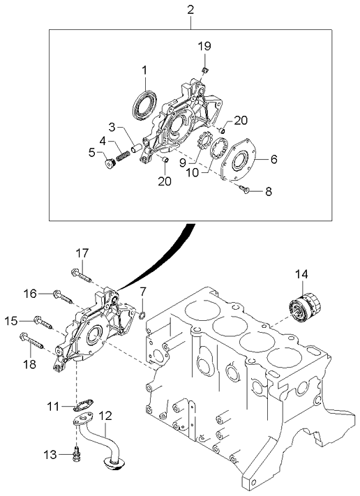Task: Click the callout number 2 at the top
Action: coord(190,9)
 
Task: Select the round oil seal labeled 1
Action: coord(145,105)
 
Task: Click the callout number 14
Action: coord(301,275)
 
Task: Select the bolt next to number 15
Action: coord(43,322)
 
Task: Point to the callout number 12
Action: coord(105,416)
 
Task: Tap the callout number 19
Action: coord(203,46)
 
